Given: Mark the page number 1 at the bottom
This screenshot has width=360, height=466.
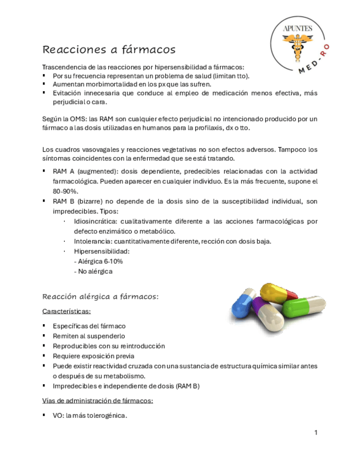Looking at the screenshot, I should pyautogui.click(x=316, y=433).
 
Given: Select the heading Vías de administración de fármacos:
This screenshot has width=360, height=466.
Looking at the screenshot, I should pyautogui.click(x=98, y=401).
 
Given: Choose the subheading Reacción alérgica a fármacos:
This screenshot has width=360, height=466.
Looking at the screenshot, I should pyautogui.click(x=101, y=297).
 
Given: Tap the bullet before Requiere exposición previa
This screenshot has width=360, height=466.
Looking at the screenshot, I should pyautogui.click(x=45, y=356).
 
